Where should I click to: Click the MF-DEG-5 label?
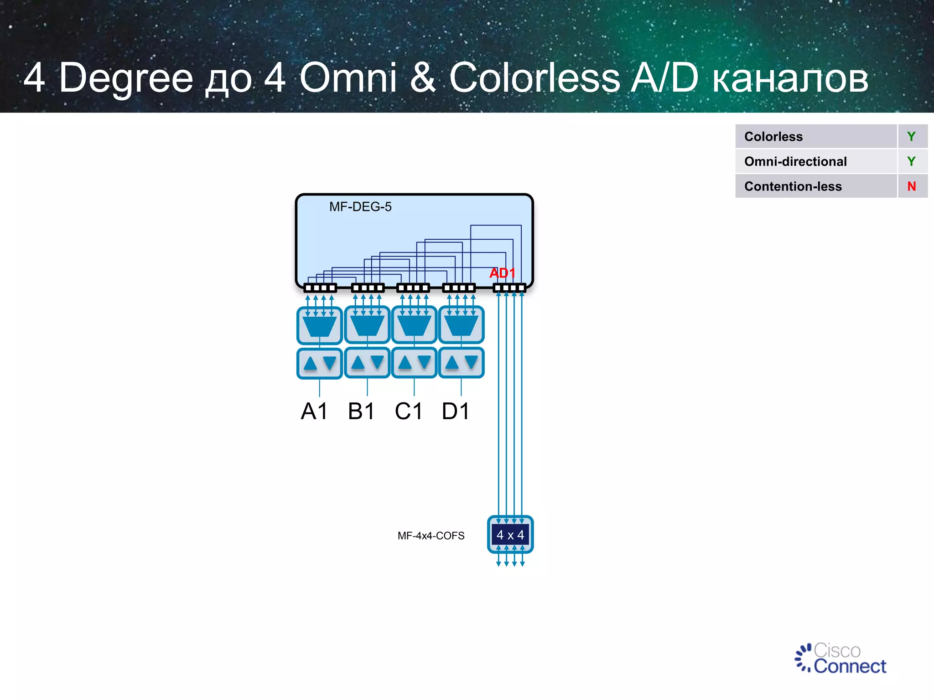[x=360, y=207]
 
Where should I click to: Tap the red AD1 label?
[x=502, y=273]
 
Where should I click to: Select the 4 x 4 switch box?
[x=510, y=535]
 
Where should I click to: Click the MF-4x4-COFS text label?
[x=431, y=536]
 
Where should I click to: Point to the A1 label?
[x=314, y=411]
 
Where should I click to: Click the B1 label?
[x=361, y=411]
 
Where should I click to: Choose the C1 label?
[x=409, y=411]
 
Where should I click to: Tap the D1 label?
[x=456, y=411]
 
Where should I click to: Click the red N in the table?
[x=911, y=186]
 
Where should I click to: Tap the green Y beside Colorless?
[x=911, y=137]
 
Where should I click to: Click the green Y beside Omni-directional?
[x=911, y=161]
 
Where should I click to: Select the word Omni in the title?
[x=348, y=77]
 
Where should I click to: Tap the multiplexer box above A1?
[x=319, y=325]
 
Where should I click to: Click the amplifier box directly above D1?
[x=461, y=363]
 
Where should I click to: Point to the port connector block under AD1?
[x=509, y=288]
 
